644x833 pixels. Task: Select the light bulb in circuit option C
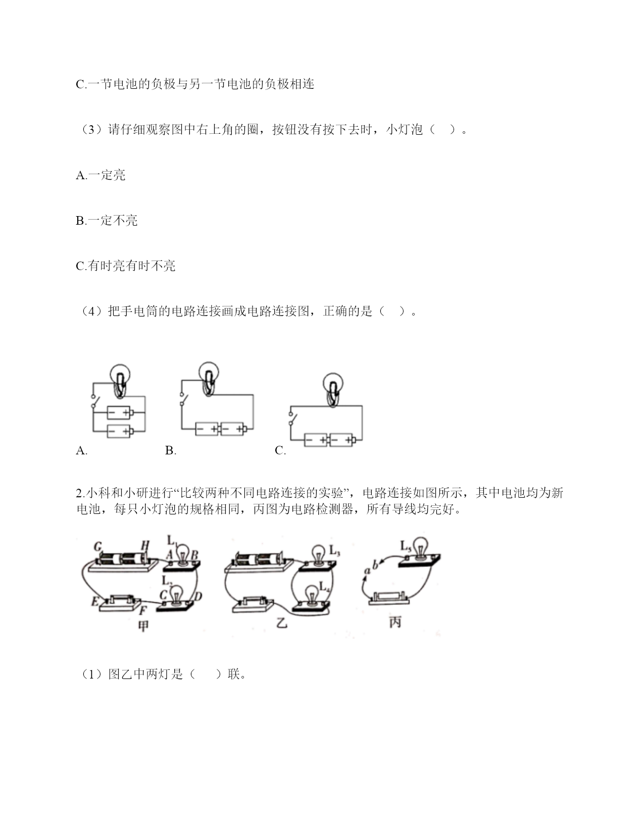pyautogui.click(x=332, y=389)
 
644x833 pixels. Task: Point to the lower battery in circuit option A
pyautogui.click(x=120, y=431)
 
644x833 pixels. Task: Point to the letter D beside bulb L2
pyautogui.click(x=198, y=596)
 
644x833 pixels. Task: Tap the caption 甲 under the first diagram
pyautogui.click(x=143, y=626)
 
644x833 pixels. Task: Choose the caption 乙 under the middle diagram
pyautogui.click(x=282, y=623)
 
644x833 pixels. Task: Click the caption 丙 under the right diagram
pyautogui.click(x=395, y=622)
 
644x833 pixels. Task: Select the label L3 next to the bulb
pyautogui.click(x=334, y=550)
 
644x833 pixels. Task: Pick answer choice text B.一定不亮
pyautogui.click(x=107, y=221)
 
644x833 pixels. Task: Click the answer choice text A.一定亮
pyautogui.click(x=101, y=175)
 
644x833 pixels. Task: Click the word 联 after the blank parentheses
pyautogui.click(x=233, y=674)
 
